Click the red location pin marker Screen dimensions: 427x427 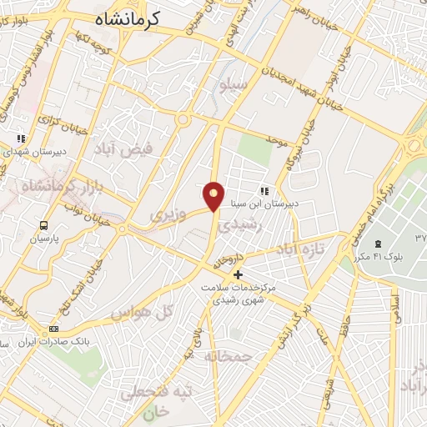[214, 195]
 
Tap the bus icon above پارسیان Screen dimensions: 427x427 [43, 224]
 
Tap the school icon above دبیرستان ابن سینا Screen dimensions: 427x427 [264, 191]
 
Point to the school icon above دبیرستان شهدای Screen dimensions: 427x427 [21, 138]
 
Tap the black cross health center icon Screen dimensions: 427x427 [239, 274]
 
